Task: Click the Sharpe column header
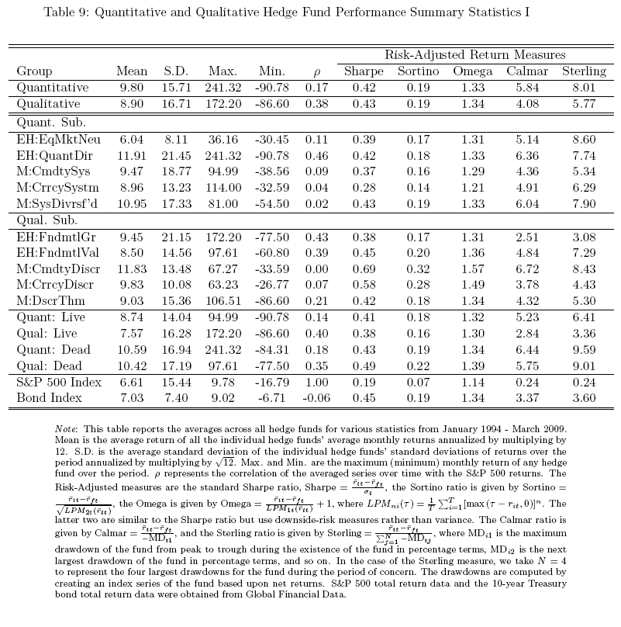364,71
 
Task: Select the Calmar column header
528,71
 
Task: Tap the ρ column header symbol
316,73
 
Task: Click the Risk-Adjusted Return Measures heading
474,55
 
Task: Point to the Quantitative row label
53,88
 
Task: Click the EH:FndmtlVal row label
54,252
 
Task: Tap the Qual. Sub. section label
48,220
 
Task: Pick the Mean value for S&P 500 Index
131,382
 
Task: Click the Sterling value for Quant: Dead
584,349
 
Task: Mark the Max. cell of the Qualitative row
223,103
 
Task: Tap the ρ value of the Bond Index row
316,398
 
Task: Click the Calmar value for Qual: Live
528,334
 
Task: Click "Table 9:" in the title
66,12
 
